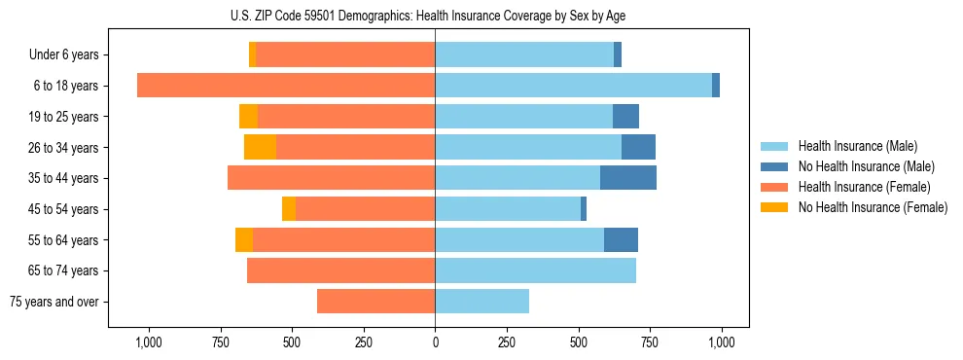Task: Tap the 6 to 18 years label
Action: (x=65, y=86)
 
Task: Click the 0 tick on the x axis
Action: (x=435, y=342)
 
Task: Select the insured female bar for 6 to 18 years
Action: (x=286, y=86)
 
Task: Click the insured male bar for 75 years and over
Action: (x=481, y=302)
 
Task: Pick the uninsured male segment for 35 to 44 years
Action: (x=628, y=178)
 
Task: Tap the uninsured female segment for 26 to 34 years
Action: (x=260, y=147)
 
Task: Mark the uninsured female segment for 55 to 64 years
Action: (x=244, y=239)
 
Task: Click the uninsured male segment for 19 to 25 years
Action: (x=625, y=117)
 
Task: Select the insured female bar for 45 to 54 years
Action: (x=365, y=209)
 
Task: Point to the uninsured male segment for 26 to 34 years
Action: (x=638, y=147)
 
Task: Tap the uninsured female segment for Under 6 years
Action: (x=253, y=54)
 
